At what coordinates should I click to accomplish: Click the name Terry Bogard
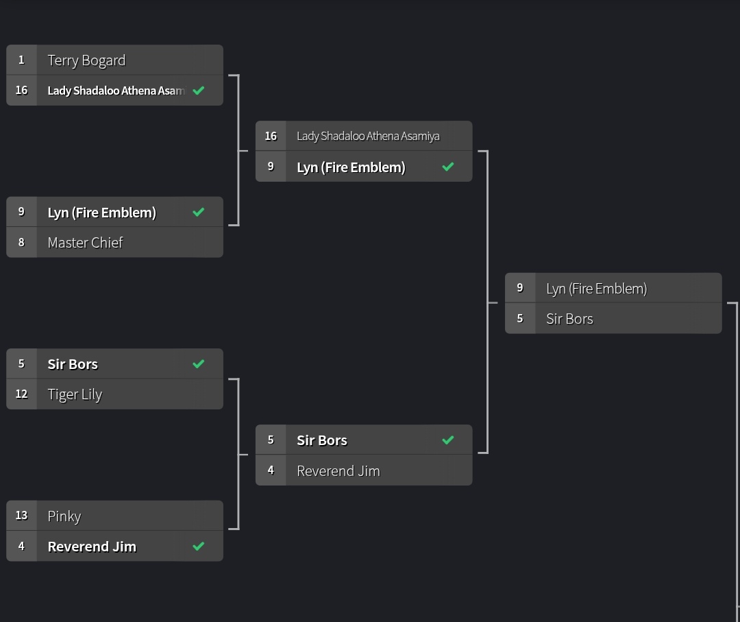86,60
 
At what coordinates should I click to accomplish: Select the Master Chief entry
85,243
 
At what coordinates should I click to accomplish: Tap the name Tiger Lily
75,394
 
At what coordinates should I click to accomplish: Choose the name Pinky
64,516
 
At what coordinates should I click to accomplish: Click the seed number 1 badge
21,60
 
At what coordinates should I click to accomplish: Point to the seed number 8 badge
21,243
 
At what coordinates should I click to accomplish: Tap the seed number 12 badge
21,394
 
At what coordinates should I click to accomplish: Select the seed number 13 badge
21,516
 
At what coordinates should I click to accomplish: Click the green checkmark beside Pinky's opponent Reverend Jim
199,547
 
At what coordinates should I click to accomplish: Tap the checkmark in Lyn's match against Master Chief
199,213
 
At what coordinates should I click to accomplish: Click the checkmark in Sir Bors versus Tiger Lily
199,364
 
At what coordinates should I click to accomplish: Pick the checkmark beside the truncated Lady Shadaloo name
199,91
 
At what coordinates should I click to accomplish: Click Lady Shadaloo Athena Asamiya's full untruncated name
368,136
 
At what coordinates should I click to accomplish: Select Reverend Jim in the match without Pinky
338,471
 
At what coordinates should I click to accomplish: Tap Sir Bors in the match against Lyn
569,319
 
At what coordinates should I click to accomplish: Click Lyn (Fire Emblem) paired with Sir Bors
596,289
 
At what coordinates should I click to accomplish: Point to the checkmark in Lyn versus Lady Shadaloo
448,167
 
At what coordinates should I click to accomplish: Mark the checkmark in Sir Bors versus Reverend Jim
448,440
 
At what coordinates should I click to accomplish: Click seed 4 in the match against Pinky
21,547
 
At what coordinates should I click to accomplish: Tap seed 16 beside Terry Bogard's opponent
21,91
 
